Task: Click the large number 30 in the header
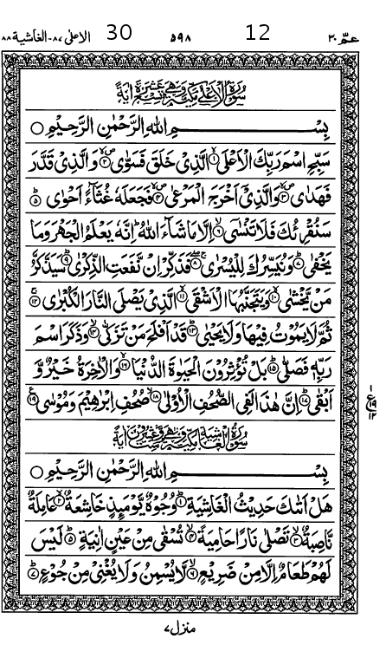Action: tap(119, 33)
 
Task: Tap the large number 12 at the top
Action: tap(258, 33)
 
